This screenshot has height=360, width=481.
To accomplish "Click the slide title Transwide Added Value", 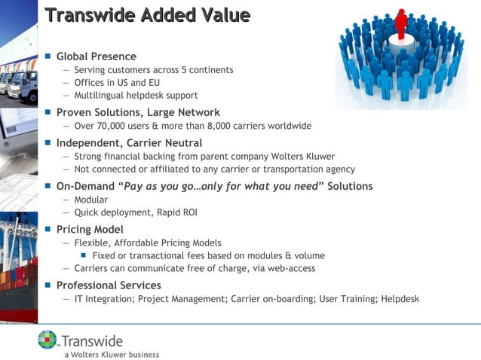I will coord(148,14).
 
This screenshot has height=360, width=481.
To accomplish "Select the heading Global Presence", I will coord(97,56).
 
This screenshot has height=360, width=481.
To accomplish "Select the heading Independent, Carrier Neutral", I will coord(129,142).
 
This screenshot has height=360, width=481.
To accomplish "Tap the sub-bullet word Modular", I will coord(90,200).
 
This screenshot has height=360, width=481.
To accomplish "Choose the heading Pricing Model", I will coord(90,229).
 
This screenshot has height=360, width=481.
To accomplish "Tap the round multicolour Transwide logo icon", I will coord(47,340).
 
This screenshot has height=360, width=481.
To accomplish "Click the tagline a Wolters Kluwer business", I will coord(112,353).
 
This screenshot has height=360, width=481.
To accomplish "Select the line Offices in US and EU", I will coord(117,83).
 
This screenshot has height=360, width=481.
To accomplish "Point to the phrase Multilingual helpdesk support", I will coord(136,96).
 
